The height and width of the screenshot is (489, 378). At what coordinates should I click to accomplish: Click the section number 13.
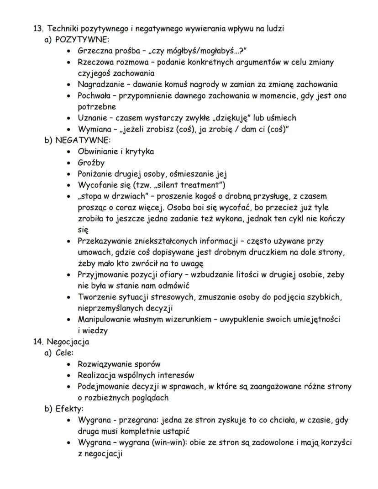tap(38, 28)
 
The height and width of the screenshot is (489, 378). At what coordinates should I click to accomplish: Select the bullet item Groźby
tap(92, 163)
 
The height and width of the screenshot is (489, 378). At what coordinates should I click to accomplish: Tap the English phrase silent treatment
tap(193, 185)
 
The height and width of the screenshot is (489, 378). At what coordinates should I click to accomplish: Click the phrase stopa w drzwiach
tap(110, 196)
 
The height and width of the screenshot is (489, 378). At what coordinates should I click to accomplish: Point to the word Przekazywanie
tap(105, 241)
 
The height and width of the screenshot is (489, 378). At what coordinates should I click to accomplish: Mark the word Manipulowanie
tap(105, 319)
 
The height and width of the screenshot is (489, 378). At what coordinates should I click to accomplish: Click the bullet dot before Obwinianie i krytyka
tap(68, 152)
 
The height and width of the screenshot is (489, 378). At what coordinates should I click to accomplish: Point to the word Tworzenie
tap(95, 297)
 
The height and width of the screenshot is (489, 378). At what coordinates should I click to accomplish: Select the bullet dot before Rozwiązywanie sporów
tap(68, 364)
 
